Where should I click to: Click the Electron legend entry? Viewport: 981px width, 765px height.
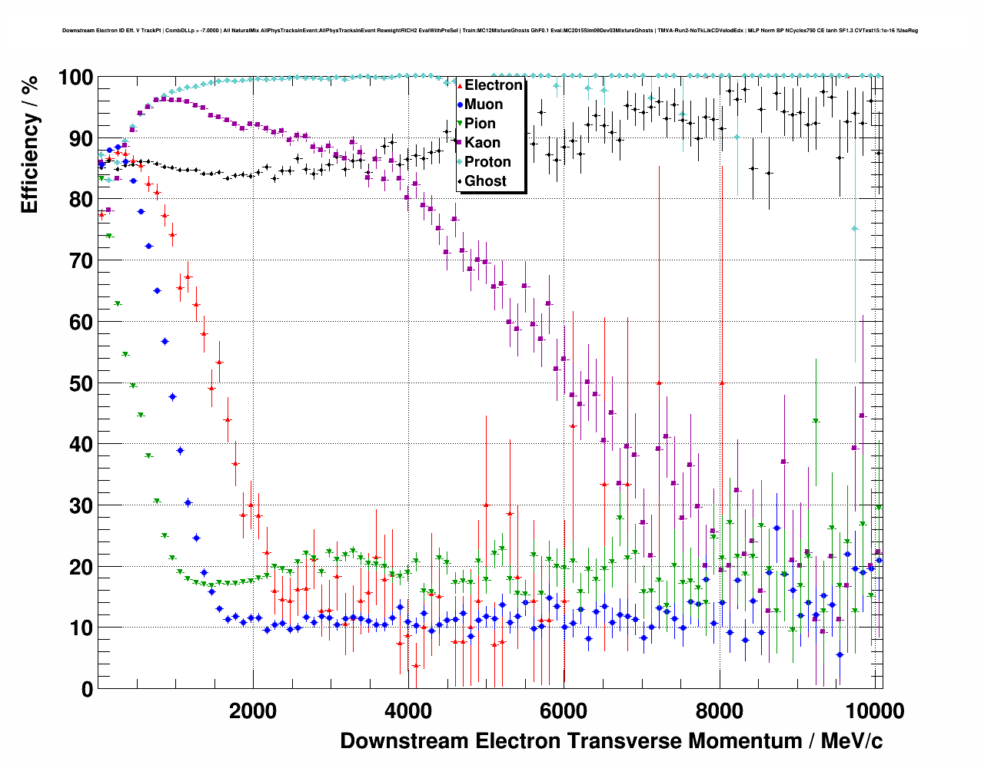tap(493, 85)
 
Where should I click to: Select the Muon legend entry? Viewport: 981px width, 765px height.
tap(484, 104)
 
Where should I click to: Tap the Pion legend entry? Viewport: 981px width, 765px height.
tap(480, 124)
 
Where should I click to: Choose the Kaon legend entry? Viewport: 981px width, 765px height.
tap(482, 143)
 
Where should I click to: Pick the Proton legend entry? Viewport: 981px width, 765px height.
tap(487, 162)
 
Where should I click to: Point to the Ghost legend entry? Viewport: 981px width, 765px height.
tap(485, 181)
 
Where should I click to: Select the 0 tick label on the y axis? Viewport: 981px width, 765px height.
tap(88, 689)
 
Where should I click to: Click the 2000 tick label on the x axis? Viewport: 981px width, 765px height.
tap(253, 711)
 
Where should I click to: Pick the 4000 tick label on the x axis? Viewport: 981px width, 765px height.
tap(408, 711)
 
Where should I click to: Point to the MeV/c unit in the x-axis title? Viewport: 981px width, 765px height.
tap(852, 741)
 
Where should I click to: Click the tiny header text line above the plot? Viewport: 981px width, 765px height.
tap(490, 31)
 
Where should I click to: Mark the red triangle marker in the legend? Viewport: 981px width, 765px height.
tap(460, 85)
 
